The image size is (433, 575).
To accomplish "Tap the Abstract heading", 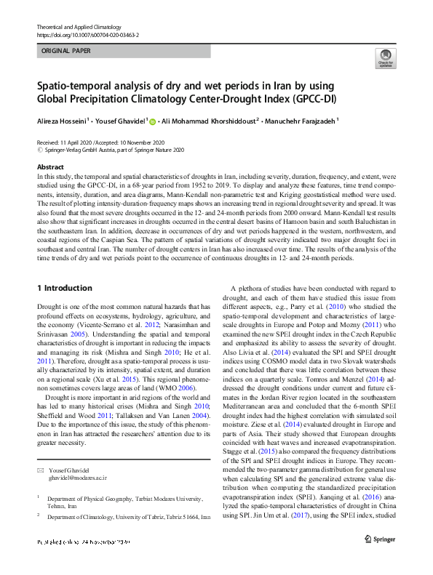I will click(50, 167).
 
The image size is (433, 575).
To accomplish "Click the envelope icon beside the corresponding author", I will click(40, 451).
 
